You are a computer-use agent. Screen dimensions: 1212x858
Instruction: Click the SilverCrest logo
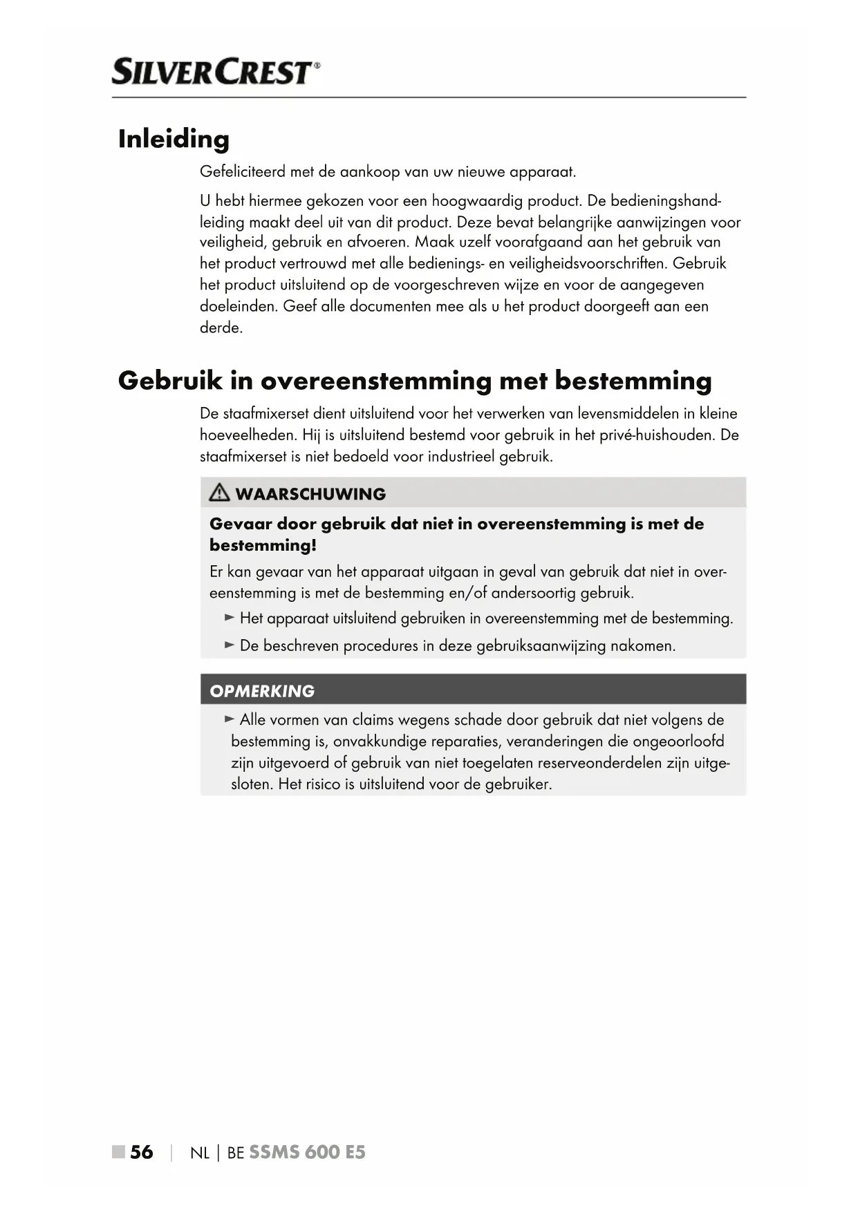[x=216, y=72]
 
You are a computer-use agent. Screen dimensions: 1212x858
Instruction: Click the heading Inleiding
[x=174, y=139]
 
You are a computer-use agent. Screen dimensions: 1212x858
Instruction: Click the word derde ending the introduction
[x=221, y=328]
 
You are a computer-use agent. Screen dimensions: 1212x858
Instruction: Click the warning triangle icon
[x=219, y=493]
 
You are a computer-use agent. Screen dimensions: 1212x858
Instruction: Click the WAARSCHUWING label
[x=310, y=494]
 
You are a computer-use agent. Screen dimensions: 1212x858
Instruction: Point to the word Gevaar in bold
[x=241, y=524]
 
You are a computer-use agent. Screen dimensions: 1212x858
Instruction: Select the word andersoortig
[x=533, y=593]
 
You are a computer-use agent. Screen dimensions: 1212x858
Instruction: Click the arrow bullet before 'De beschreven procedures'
[x=230, y=645]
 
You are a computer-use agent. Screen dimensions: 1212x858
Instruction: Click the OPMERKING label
[x=262, y=691]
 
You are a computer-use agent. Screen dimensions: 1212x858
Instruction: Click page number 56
[x=142, y=1152]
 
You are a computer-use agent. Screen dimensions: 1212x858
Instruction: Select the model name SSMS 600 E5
[x=307, y=1152]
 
